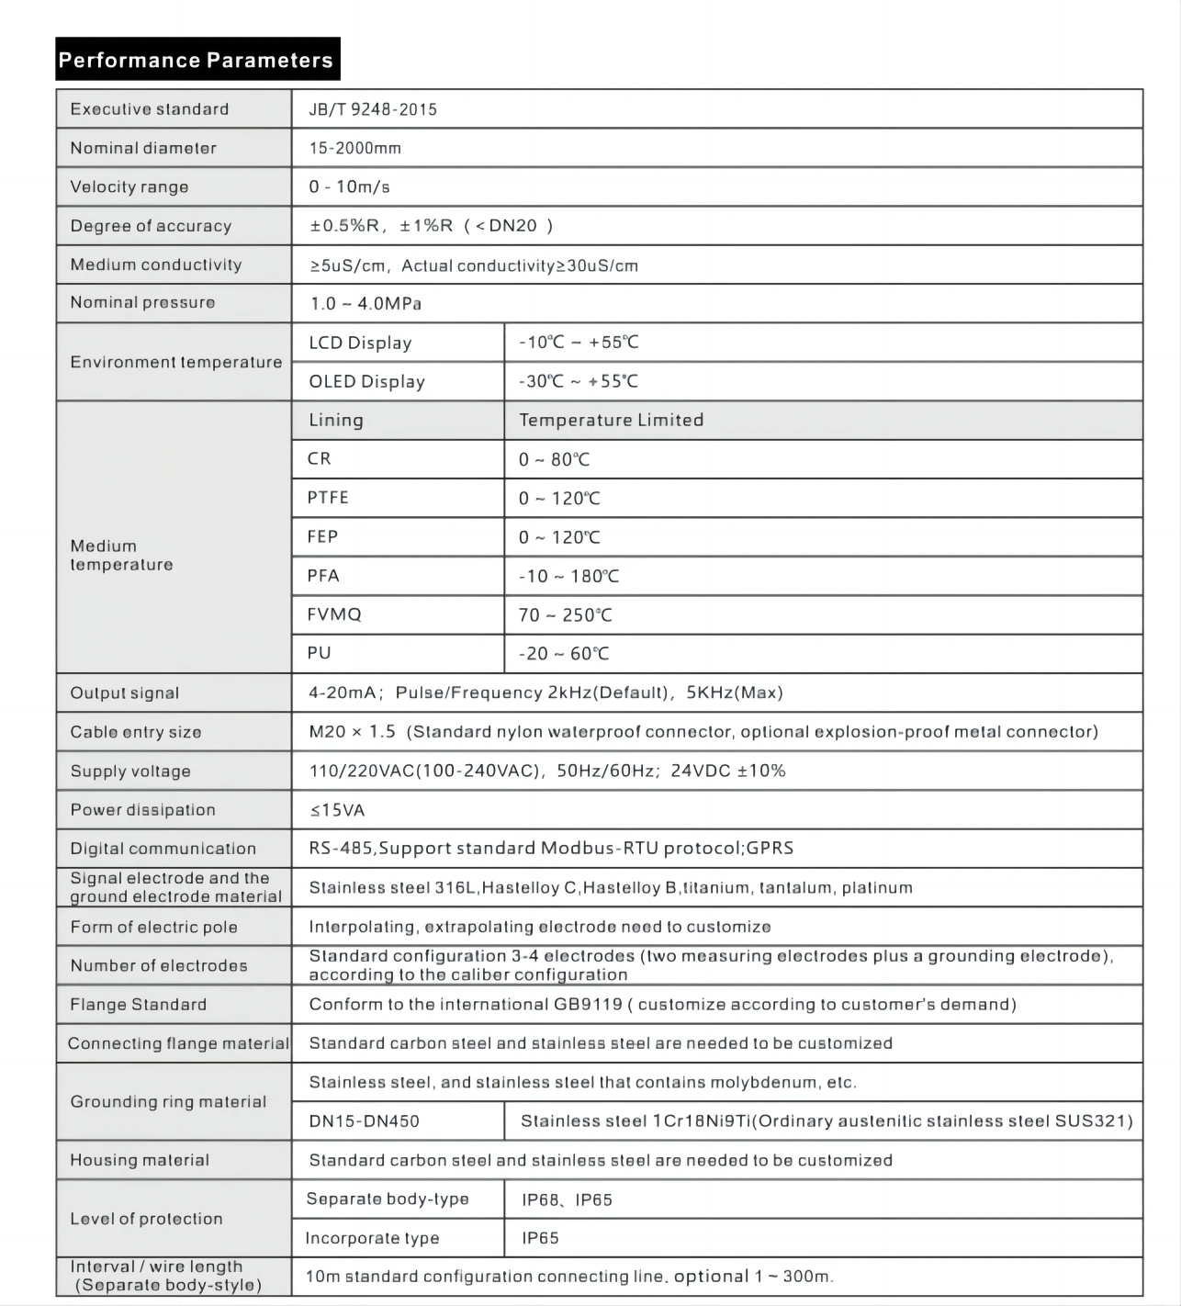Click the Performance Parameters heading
(x=197, y=61)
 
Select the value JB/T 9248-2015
(x=373, y=109)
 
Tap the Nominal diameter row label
(x=143, y=148)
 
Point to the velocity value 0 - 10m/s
(x=349, y=187)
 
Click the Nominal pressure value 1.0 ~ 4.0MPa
(x=366, y=304)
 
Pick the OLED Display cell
(x=366, y=382)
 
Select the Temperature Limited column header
(x=611, y=421)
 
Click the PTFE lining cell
(x=328, y=498)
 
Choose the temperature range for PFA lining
(x=568, y=577)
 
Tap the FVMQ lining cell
(x=334, y=614)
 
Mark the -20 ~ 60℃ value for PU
(x=563, y=654)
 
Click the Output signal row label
(x=125, y=693)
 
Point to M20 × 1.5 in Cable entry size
(x=352, y=732)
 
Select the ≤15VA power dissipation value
(x=337, y=810)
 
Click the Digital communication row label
(x=163, y=849)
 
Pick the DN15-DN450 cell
(x=364, y=1121)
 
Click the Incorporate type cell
(x=372, y=1238)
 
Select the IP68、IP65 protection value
(x=567, y=1199)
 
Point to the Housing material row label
(x=140, y=1161)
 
